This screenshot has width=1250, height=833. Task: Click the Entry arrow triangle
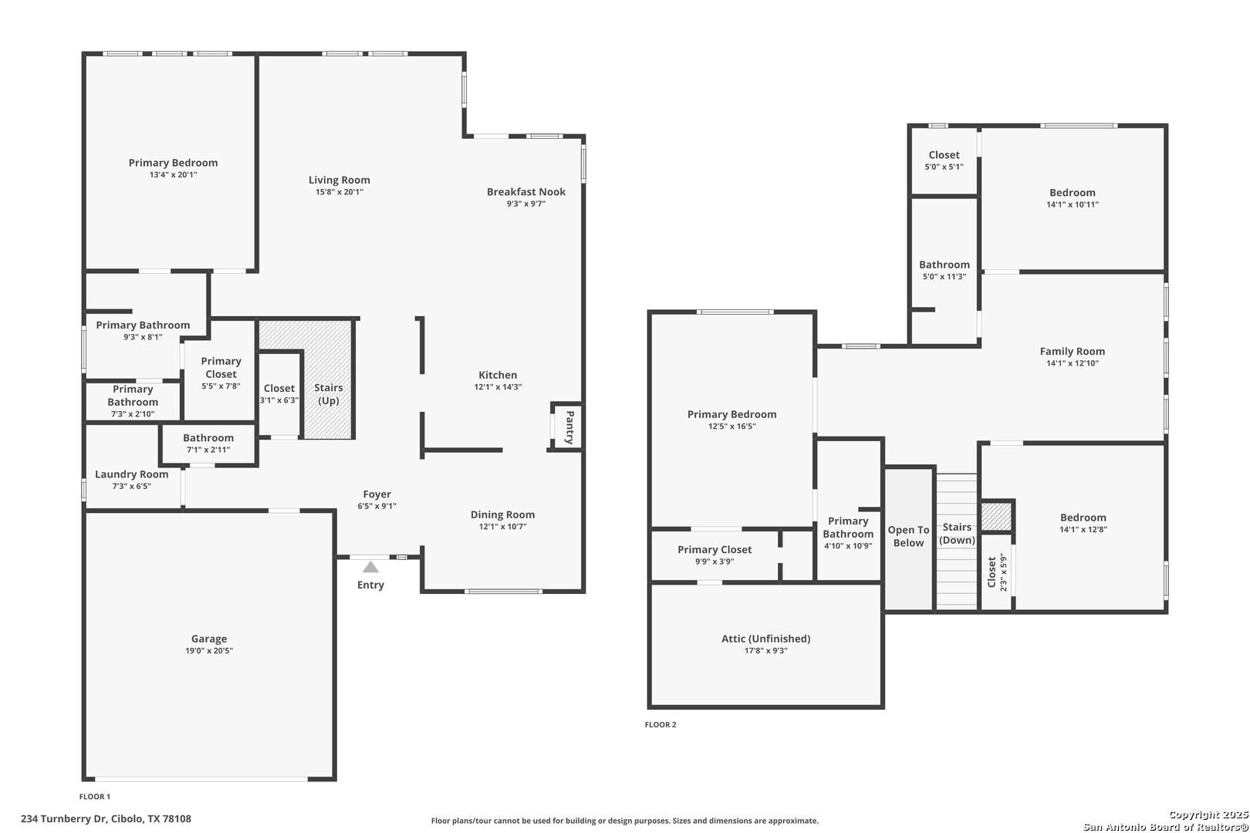coord(370,568)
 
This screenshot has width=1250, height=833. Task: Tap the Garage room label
coord(209,639)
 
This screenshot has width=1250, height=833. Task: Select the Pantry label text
coord(569,427)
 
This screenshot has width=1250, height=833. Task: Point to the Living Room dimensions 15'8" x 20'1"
coord(340,192)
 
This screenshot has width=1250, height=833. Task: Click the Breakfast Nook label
coord(526,192)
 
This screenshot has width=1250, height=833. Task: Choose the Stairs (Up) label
coord(328,394)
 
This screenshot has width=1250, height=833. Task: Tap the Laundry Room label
coord(132,474)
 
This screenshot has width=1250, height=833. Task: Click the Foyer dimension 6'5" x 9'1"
coord(377,506)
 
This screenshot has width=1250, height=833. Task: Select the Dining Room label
coord(503,514)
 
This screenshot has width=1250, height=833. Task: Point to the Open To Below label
coord(908,536)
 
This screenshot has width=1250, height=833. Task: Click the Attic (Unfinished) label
coord(766,639)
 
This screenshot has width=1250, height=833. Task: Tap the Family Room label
coord(1073,352)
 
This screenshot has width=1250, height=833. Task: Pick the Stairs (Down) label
coord(957,534)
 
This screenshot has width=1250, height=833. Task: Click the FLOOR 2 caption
coord(660,725)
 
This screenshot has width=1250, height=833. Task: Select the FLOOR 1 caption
coord(95,797)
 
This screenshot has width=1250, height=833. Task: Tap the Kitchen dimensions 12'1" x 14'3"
coord(498,387)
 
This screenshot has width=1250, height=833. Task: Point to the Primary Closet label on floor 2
coord(715,550)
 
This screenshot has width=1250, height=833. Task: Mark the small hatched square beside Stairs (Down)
coord(997,517)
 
